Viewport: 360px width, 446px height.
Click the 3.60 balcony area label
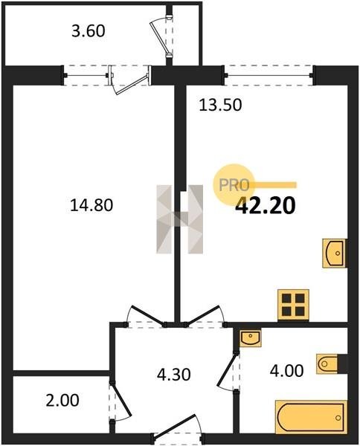(x=89, y=31)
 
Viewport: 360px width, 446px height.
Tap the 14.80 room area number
(x=91, y=205)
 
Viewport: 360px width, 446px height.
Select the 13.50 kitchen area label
(x=221, y=105)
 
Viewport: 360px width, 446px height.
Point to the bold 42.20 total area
(x=266, y=206)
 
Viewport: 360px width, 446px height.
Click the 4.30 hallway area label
(x=173, y=375)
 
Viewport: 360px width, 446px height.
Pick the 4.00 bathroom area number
(x=286, y=371)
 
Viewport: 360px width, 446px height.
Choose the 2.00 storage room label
(x=62, y=400)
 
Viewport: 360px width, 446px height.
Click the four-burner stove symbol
(x=293, y=306)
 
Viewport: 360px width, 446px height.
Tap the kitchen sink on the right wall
(x=335, y=253)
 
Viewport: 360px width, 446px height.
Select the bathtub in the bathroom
(x=311, y=417)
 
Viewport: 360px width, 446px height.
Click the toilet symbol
(x=327, y=363)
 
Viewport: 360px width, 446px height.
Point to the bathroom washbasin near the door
(x=251, y=339)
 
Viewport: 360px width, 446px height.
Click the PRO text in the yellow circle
(x=234, y=185)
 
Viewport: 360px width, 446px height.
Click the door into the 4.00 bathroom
(x=228, y=372)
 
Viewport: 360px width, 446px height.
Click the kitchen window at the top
(x=269, y=75)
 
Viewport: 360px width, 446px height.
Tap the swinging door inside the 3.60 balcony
(x=161, y=36)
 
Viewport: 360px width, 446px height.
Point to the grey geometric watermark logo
(x=179, y=219)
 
